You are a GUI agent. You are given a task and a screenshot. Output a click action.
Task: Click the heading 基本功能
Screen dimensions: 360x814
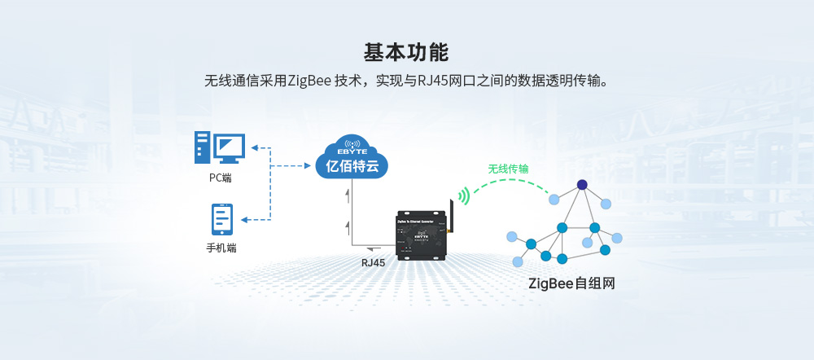tap(405, 52)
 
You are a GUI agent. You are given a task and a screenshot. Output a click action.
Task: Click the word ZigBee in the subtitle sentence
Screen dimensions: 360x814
tap(310, 81)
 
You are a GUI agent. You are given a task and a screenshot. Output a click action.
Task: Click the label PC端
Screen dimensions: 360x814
tap(220, 178)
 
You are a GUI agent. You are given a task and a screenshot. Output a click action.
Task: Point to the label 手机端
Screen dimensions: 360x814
tap(221, 248)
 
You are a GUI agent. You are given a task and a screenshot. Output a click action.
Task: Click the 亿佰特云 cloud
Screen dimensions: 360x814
tap(352, 159)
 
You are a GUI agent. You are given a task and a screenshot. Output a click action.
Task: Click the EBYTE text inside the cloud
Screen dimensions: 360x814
tap(352, 151)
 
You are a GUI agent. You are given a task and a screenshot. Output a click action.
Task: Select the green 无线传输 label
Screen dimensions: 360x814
tap(508, 169)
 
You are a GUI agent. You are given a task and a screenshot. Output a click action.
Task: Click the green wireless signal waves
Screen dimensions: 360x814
tap(464, 195)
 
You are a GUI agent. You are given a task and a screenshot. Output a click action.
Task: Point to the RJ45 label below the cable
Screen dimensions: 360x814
tap(373, 263)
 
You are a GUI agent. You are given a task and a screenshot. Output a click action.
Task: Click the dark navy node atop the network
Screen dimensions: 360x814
tap(582, 184)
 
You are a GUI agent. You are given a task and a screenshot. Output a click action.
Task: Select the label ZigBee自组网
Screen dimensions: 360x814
tap(571, 284)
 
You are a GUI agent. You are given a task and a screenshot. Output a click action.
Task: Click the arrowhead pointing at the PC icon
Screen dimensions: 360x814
tap(254, 147)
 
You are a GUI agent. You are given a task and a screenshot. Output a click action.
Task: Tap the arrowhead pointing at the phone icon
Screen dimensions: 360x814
tap(247, 219)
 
